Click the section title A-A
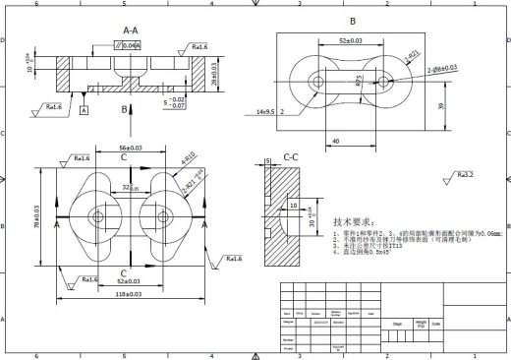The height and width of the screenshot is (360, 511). pyautogui.click(x=130, y=31)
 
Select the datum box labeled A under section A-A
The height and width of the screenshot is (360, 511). pyautogui.click(x=85, y=111)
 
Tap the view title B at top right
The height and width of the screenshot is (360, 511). pyautogui.click(x=353, y=21)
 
